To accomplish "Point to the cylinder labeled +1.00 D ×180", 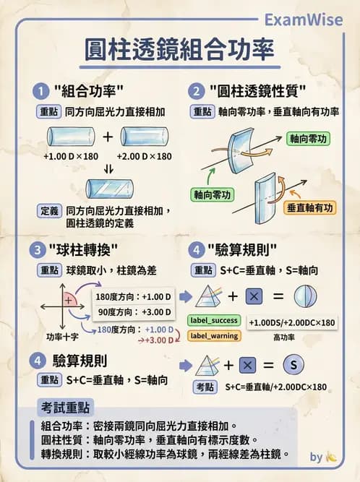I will (x=72, y=137).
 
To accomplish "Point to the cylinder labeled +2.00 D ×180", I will (x=145, y=137).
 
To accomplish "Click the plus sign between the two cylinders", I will (x=108, y=137).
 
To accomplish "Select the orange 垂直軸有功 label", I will (x=310, y=208).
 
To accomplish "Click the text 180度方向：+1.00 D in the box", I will (x=134, y=296).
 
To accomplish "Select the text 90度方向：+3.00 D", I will (x=134, y=312).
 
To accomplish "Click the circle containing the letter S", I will (x=292, y=364).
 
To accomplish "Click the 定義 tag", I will (x=48, y=211).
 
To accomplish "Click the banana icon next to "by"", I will (x=333, y=457).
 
